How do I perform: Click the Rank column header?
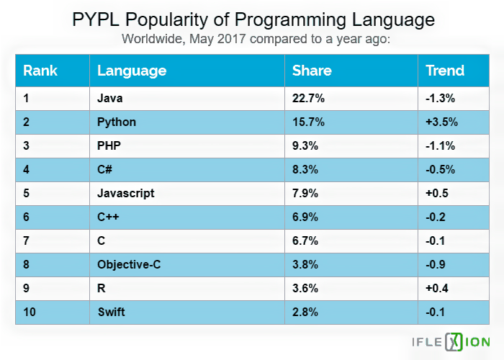pyautogui.click(x=40, y=71)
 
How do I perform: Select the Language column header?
pyautogui.click(x=132, y=71)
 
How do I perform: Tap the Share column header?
pyautogui.click(x=312, y=71)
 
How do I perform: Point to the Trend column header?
pyautogui.click(x=445, y=71)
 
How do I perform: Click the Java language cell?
pyautogui.click(x=110, y=98)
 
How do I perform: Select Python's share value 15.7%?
pyautogui.click(x=308, y=122)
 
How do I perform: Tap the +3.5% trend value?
pyautogui.click(x=441, y=122)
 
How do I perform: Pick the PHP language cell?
pyautogui.click(x=109, y=145)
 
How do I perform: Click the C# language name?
pyautogui.click(x=105, y=169)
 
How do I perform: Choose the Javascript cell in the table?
pyautogui.click(x=126, y=193)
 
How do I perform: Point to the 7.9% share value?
pyautogui.click(x=305, y=193)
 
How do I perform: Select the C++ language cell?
pyautogui.click(x=108, y=217)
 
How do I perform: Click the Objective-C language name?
pyautogui.click(x=129, y=264)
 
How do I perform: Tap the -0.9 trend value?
pyautogui.click(x=436, y=264)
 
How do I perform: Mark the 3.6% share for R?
pyautogui.click(x=305, y=288)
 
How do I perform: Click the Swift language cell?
pyautogui.click(x=111, y=312)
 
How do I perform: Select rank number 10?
pyautogui.click(x=30, y=312)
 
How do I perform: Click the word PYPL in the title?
pyautogui.click(x=96, y=19)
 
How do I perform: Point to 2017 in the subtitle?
pyautogui.click(x=231, y=39)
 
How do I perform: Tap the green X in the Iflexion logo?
pyautogui.click(x=454, y=342)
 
